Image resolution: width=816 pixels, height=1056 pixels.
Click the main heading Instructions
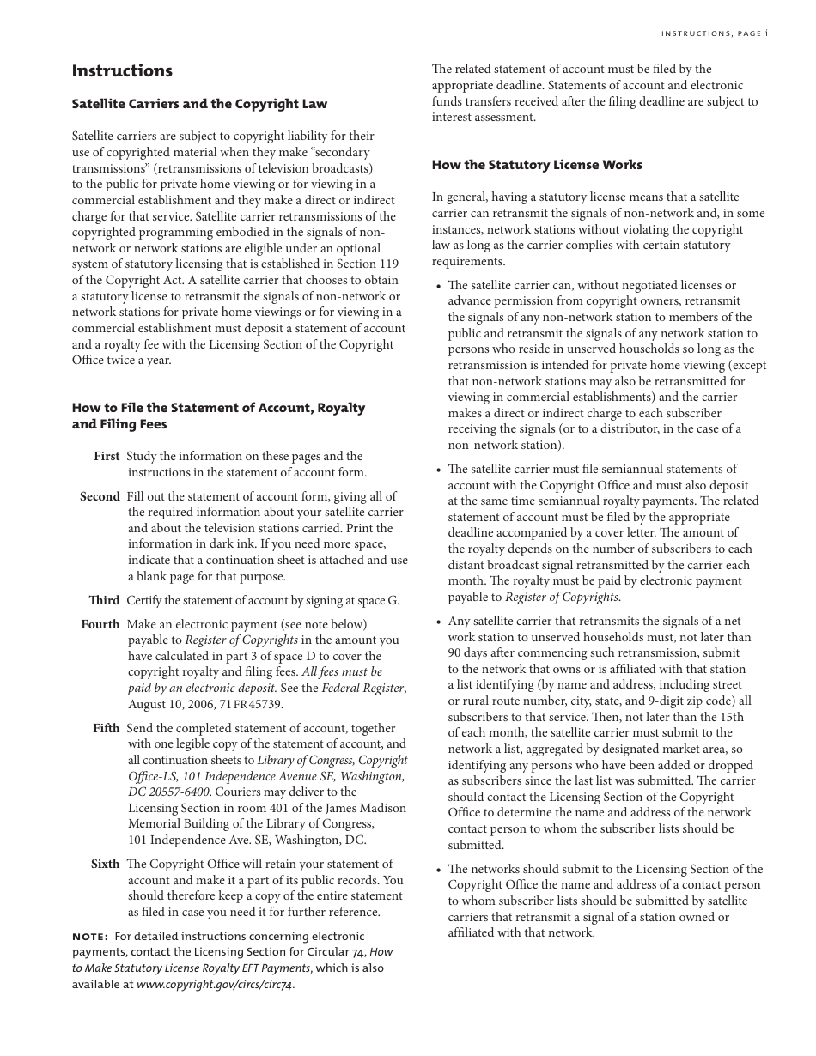(122, 71)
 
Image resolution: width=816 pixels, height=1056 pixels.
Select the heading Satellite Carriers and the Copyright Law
(199, 104)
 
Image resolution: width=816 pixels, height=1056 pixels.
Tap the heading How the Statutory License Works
(537, 165)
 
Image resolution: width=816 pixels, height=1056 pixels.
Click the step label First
(107, 456)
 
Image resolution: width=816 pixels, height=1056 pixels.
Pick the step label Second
(100, 496)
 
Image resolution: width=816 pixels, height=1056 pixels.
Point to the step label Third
(104, 600)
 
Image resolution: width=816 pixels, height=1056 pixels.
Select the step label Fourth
(100, 624)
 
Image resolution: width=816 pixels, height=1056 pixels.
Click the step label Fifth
(107, 728)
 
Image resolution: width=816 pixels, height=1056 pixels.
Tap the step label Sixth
(105, 864)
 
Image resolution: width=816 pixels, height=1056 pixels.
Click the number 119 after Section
(387, 264)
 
